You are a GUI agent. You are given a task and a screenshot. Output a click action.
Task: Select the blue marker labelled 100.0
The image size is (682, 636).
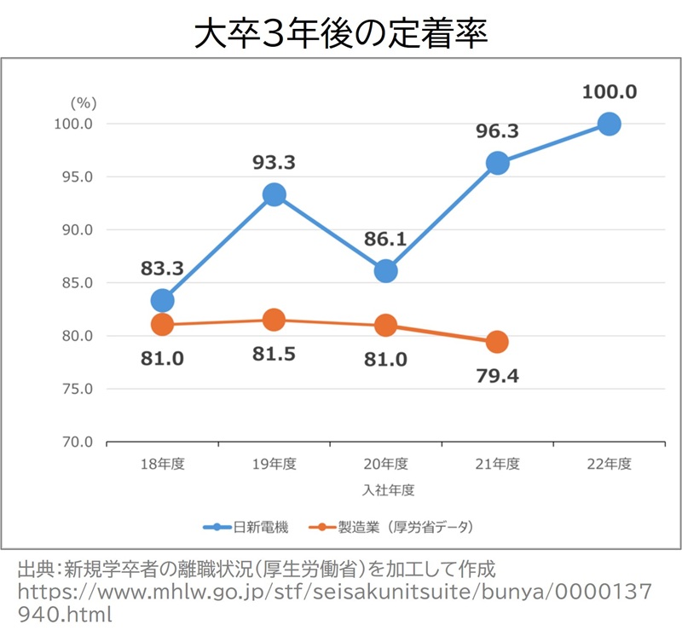[609, 124]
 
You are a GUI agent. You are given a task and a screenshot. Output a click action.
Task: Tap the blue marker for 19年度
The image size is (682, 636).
[274, 194]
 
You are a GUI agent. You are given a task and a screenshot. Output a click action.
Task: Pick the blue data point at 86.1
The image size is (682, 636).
[385, 271]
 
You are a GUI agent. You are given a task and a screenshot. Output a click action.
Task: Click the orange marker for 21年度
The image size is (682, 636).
[497, 342]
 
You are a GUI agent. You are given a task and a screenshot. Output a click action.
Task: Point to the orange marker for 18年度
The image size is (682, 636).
[162, 324]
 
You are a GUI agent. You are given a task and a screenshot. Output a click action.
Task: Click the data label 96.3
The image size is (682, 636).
[497, 131]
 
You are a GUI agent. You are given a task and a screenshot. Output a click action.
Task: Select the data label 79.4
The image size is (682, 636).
[497, 376]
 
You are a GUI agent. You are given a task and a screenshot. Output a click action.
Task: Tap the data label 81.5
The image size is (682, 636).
[274, 354]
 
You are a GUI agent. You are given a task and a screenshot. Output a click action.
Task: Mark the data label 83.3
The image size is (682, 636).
[162, 269]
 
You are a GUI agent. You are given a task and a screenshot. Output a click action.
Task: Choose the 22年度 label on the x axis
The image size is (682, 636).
[609, 465]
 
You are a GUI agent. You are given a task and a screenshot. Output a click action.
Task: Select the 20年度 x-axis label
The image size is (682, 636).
[385, 465]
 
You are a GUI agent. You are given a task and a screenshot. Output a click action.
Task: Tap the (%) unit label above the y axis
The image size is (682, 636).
[83, 102]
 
